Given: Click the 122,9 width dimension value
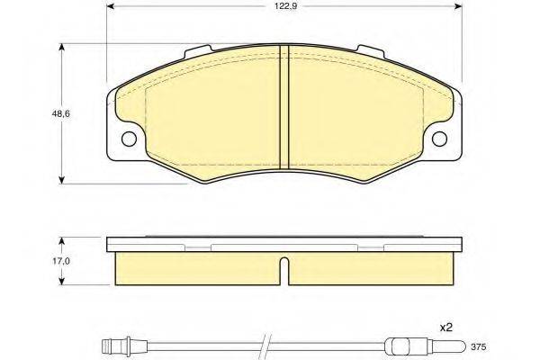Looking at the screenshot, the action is tap(285, 6).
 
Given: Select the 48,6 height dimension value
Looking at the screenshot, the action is tap(61, 113).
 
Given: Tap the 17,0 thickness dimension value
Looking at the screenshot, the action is tap(61, 261).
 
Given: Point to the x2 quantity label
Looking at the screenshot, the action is tap(446, 328).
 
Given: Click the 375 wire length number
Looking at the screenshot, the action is tap(479, 346).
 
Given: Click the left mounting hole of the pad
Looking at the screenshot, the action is tap(129, 139).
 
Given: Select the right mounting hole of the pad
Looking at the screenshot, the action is tap(439, 139).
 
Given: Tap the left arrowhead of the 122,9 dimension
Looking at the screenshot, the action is tap(111, 6).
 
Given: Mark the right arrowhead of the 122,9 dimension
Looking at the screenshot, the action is tap(458, 6).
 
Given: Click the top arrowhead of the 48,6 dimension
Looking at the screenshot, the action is tap(61, 48).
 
